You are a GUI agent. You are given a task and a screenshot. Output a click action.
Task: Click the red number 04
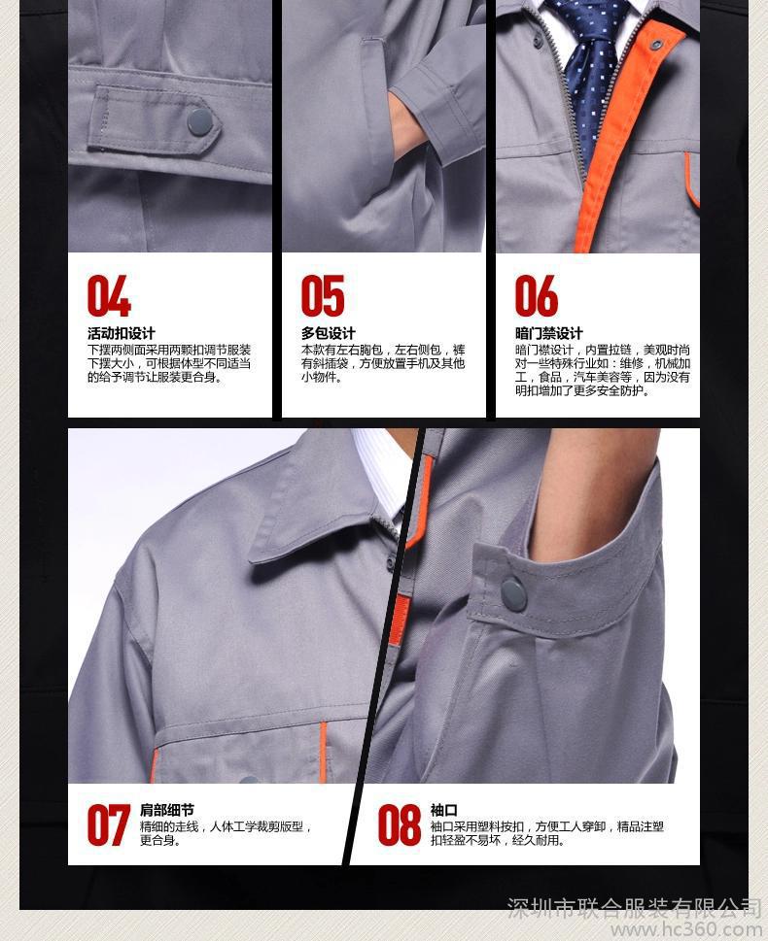point(109,295)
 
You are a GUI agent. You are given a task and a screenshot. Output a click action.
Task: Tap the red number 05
point(323,295)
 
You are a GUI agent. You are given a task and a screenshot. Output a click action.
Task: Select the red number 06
point(536,295)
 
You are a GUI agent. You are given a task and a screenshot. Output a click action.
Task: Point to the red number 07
point(109,825)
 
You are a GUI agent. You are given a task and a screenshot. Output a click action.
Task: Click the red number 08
point(399,825)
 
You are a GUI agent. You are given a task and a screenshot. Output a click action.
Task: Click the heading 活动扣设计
point(122,334)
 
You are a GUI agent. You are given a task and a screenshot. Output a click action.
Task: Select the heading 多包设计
point(329,334)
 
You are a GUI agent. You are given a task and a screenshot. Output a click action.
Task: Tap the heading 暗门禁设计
point(548,334)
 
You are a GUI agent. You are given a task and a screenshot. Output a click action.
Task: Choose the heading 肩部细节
point(167,810)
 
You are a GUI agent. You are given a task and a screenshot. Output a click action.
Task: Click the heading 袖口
point(443,810)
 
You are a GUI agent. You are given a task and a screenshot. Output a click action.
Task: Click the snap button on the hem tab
point(199,121)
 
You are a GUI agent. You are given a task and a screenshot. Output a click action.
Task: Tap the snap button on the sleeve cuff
point(513,594)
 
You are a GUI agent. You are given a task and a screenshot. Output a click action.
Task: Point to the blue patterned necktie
point(586,72)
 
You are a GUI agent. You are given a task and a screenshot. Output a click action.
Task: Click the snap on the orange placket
point(655,44)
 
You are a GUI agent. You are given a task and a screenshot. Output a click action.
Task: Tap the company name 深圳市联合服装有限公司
point(634,907)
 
